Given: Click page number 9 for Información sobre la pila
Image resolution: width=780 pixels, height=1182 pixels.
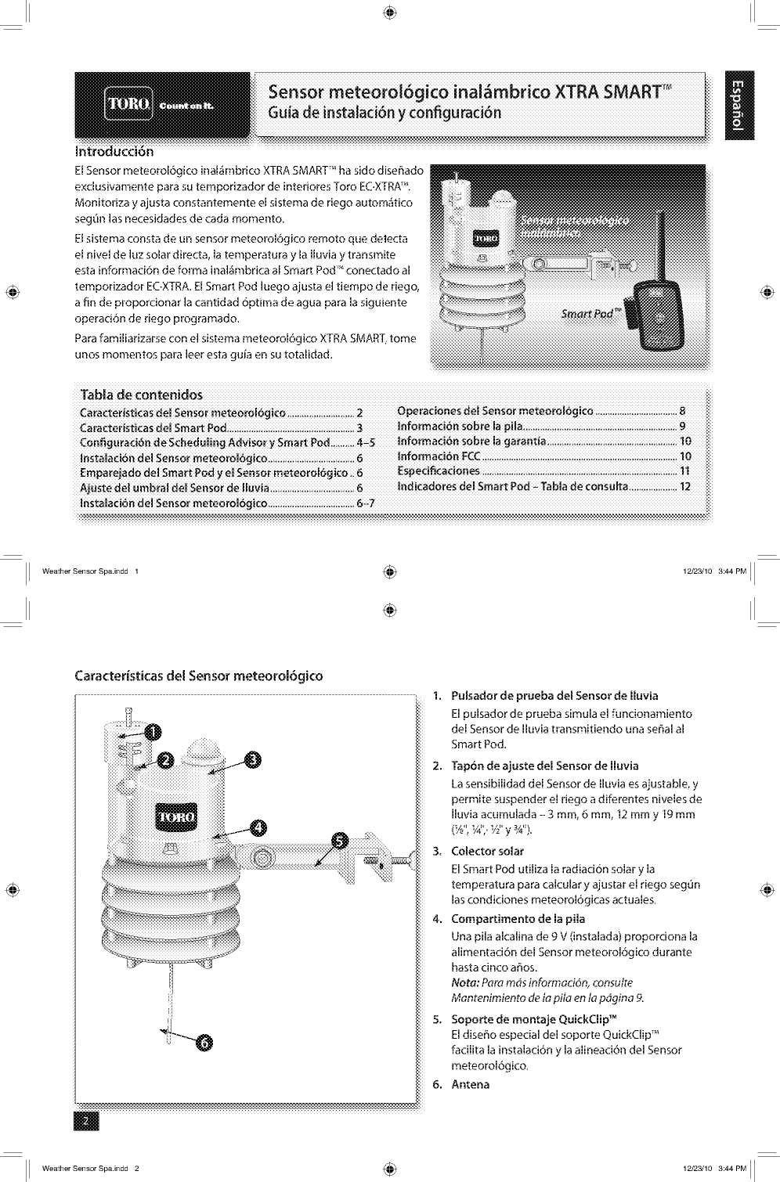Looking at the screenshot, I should [683, 427].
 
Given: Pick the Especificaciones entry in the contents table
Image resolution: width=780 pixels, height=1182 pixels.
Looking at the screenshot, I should [439, 471].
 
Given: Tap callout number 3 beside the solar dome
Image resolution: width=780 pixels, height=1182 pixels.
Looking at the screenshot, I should [254, 759].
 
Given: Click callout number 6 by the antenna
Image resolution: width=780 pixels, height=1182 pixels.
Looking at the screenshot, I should [204, 1042].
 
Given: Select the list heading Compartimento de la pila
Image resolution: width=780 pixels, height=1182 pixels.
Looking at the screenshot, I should [518, 919].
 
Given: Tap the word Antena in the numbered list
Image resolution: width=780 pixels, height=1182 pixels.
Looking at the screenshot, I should [470, 1084].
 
